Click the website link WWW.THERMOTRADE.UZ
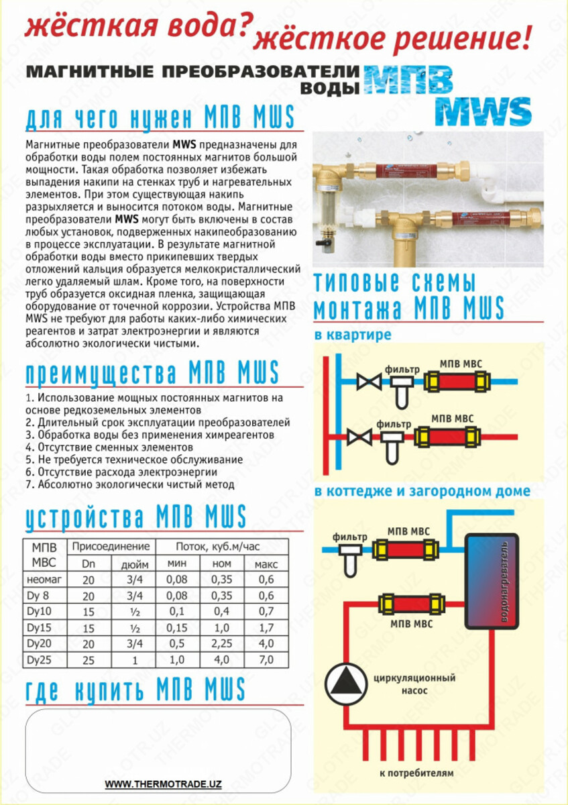163,784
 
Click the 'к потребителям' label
416,773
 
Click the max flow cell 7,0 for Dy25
266,660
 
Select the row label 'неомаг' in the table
46,579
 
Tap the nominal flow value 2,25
221,644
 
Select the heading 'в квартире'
353,335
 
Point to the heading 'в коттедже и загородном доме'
422,491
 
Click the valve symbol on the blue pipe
368,382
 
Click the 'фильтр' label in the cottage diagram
349,537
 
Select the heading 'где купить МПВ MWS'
135,690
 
